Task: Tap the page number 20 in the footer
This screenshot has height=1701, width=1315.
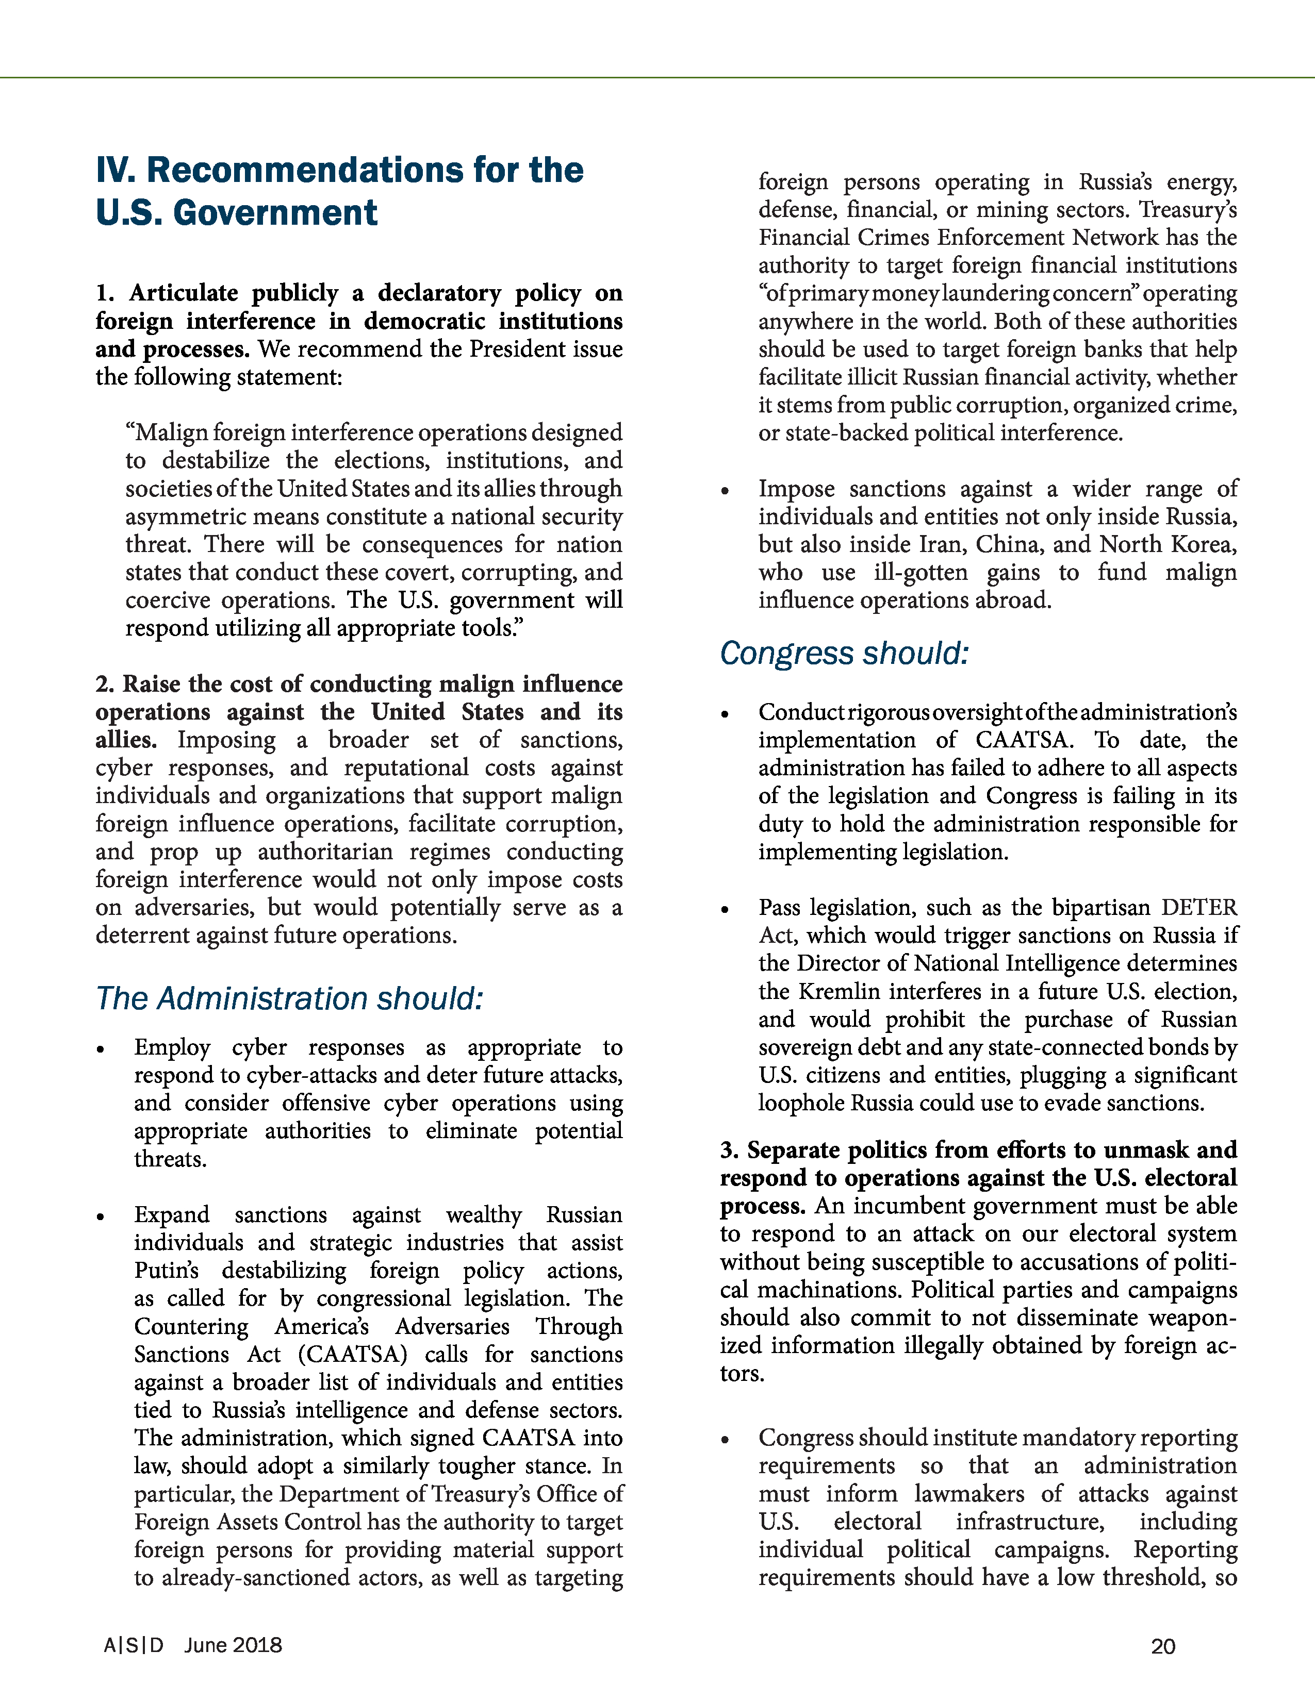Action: click(x=1163, y=1646)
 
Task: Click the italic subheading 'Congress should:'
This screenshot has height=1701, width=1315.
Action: click(x=844, y=654)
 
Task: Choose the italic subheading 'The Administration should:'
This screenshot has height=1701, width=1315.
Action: click(x=289, y=998)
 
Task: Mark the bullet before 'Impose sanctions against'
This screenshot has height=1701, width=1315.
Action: click(x=725, y=491)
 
